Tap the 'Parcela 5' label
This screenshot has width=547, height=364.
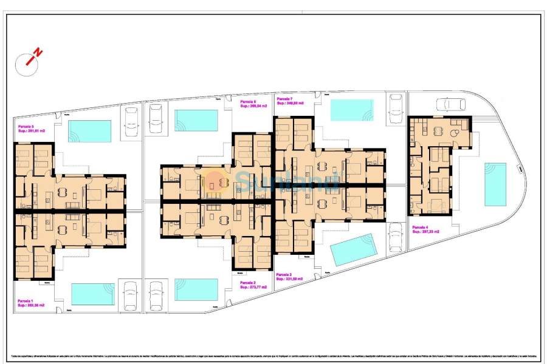tap(26, 126)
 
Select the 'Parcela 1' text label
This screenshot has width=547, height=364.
tap(26, 301)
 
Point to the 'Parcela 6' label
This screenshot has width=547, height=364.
tap(248, 101)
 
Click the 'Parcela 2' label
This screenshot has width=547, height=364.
tap(248, 283)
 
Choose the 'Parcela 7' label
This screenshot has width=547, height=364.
tap(284, 98)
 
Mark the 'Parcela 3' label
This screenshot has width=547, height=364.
tap(284, 275)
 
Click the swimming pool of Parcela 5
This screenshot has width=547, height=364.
tap(90, 130)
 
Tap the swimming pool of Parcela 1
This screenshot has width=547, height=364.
tap(92, 294)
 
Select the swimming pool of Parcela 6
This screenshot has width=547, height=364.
tap(196, 120)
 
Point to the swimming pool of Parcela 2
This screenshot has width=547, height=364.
tap(196, 289)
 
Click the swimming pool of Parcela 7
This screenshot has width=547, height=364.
tap(352, 110)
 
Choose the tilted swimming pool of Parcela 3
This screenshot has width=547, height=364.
tap(354, 250)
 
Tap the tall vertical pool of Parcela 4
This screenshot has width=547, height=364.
tap(495, 184)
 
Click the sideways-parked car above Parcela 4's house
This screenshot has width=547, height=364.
tap(450, 105)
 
